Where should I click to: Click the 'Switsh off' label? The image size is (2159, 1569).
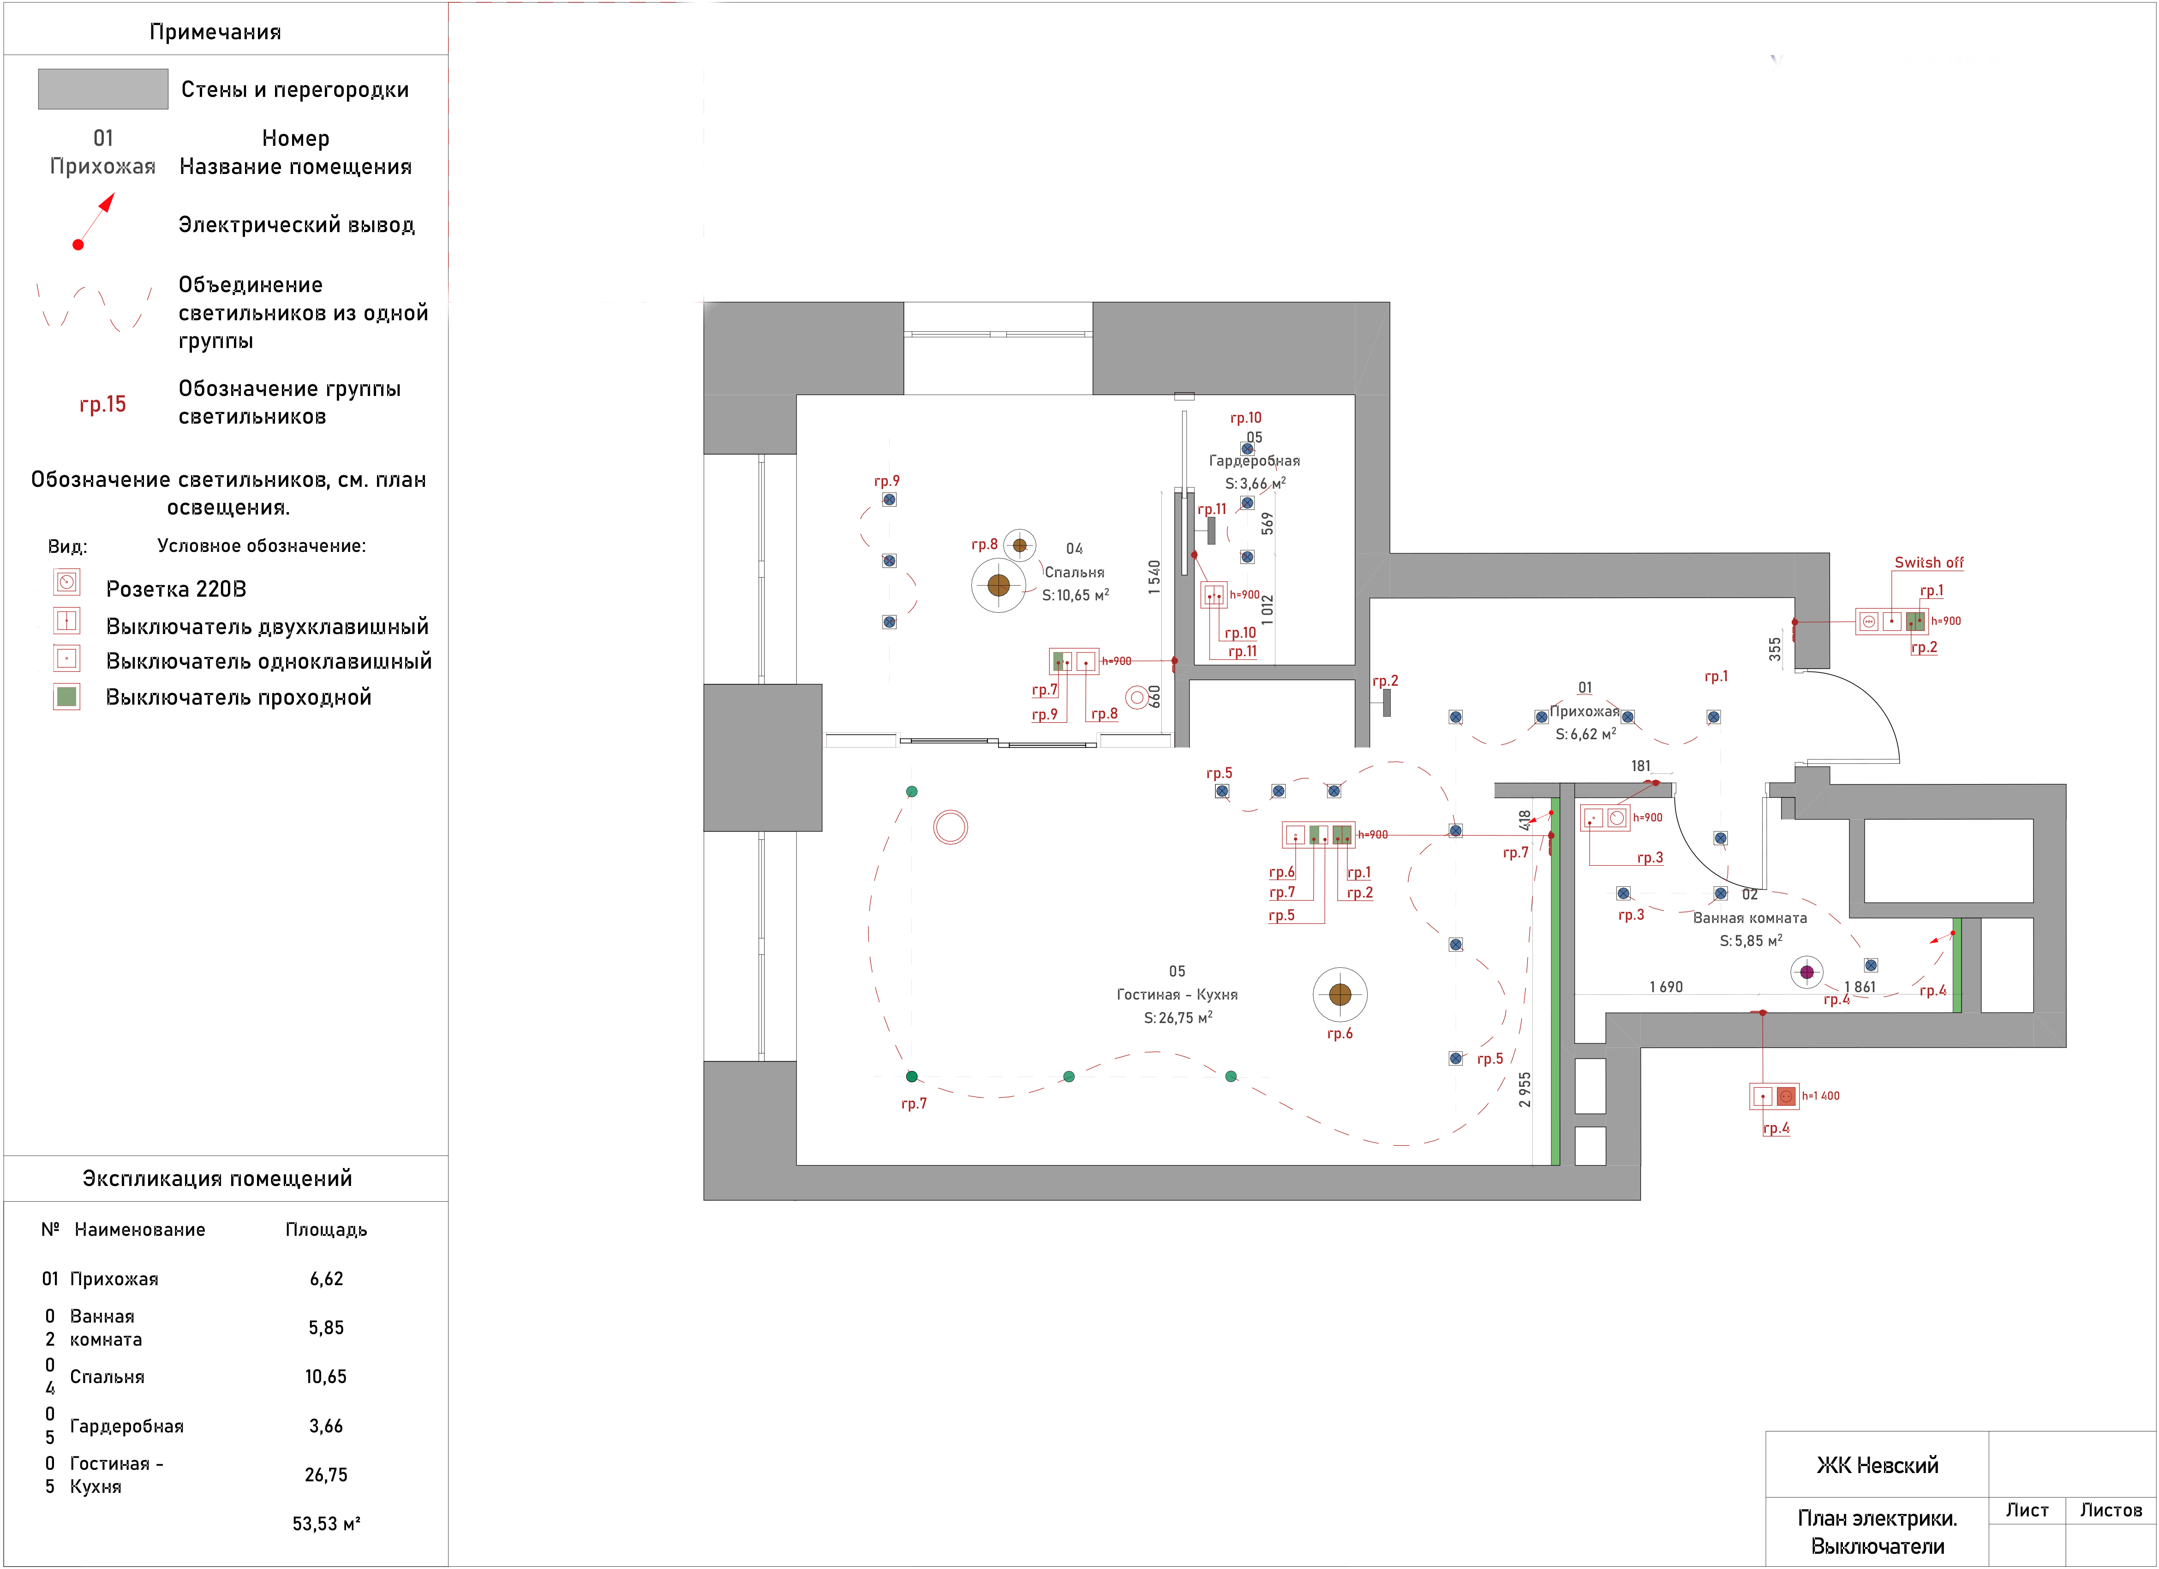[1929, 563]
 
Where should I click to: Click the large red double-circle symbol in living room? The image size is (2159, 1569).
[950, 827]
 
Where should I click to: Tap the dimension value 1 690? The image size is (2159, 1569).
[1666, 987]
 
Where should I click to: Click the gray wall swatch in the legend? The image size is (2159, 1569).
[103, 89]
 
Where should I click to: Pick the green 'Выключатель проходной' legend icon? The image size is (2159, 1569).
[66, 696]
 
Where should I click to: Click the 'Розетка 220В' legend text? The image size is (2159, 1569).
[176, 589]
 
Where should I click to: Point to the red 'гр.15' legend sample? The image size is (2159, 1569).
[103, 405]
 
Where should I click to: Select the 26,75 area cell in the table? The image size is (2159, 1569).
[326, 1475]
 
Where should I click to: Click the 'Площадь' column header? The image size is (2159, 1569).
[326, 1230]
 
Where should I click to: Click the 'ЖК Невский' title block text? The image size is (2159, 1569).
[1877, 1465]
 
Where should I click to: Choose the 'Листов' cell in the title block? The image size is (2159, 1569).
[2111, 1510]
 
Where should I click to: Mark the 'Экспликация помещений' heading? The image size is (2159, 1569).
[217, 1179]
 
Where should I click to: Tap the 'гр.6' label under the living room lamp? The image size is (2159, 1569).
[1340, 1034]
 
